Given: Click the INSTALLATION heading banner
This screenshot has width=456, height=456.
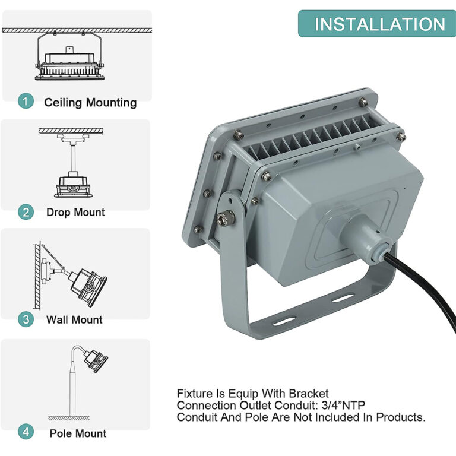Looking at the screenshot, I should pyautogui.click(x=379, y=24).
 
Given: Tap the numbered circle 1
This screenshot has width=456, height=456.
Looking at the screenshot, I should pyautogui.click(x=26, y=102).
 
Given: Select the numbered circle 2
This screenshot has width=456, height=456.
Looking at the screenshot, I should pyautogui.click(x=26, y=211).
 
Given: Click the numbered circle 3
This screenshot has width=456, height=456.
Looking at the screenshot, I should pyautogui.click(x=26, y=319).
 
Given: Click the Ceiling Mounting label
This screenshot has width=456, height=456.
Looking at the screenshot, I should pyautogui.click(x=90, y=102).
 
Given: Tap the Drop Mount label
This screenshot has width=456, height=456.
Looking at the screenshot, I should pyautogui.click(x=75, y=212).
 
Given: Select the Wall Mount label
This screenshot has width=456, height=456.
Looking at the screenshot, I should pyautogui.click(x=74, y=320).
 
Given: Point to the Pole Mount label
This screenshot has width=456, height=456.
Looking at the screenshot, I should pyautogui.click(x=78, y=433).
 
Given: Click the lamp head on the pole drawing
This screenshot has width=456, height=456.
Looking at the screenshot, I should pyautogui.click(x=95, y=360).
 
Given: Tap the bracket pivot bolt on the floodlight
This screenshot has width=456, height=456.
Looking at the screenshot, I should pyautogui.click(x=226, y=217).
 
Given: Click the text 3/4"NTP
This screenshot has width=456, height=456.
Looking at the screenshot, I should pyautogui.click(x=343, y=405).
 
